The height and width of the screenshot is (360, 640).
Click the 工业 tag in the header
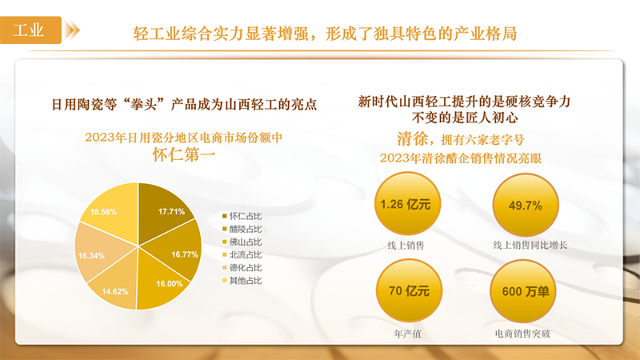[x=30, y=30]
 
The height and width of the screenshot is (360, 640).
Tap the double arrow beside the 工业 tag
[x=72, y=30]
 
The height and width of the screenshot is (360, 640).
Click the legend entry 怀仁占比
[x=242, y=216]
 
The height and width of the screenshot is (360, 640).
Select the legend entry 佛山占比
[x=242, y=242]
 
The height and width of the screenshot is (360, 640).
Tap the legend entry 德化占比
[x=242, y=268]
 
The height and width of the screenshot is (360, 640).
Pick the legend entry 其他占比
[x=242, y=281]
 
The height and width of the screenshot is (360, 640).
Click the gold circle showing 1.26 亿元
[x=407, y=204]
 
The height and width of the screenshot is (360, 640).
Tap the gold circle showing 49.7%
[x=526, y=205]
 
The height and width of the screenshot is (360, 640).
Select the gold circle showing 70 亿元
[x=409, y=291]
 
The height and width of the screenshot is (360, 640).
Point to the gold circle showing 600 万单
[x=523, y=291]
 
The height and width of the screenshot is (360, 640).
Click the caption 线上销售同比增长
[x=530, y=246]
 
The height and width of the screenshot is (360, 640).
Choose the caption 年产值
[x=408, y=334]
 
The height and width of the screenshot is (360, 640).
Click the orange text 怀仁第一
[x=184, y=154]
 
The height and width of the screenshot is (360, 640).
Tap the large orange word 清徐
[x=412, y=138]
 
